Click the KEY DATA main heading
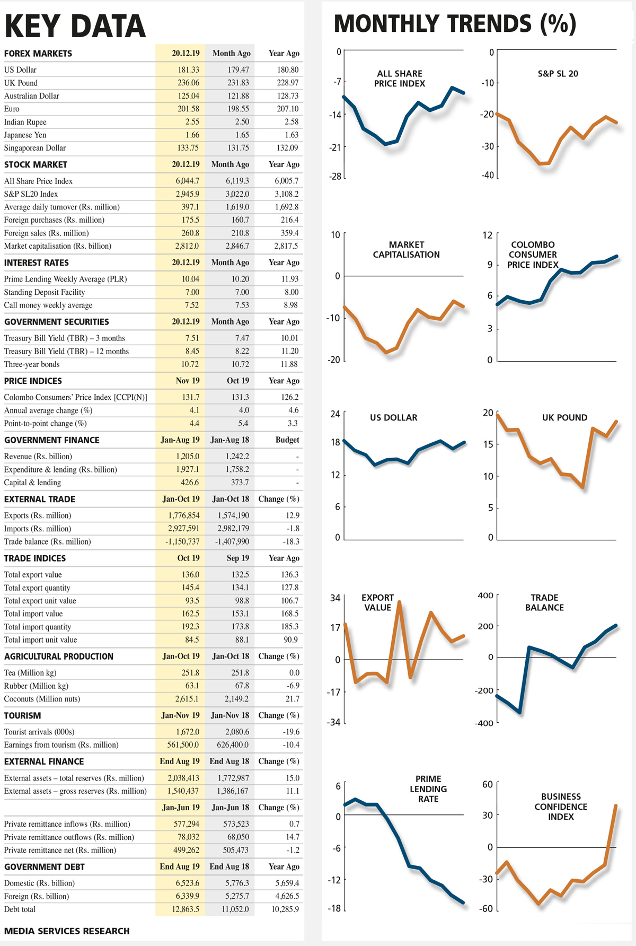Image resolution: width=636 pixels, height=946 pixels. pos(75,27)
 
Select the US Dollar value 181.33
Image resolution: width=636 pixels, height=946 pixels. pos(188,69)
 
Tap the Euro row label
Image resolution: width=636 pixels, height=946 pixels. pos(12,109)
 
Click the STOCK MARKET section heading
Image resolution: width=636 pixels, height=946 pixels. pos(36,164)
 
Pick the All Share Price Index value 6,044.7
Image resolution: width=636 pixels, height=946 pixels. pos(188,181)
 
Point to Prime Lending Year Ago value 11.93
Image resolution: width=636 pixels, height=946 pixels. pos(290,279)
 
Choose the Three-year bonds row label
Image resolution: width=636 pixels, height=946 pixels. pos(32,364)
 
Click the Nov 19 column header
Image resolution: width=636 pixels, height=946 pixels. pos(188,381)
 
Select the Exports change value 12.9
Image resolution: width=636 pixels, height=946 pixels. pos(293,515)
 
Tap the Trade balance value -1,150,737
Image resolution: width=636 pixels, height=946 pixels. pos(182,541)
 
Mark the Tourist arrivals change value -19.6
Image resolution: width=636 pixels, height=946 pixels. pos(291,732)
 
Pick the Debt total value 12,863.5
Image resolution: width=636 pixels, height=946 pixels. pos(185,909)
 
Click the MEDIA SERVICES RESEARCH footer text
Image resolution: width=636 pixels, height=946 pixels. pos(67,931)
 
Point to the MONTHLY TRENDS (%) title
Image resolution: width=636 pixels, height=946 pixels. pos(455,24)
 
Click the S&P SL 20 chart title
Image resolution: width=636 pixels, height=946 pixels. pos(558,74)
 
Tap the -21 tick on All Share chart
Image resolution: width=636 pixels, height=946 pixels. pos(335,147)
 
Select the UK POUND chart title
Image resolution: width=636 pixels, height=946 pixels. pos(564,417)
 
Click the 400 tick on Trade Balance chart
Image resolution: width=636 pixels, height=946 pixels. pos(485,595)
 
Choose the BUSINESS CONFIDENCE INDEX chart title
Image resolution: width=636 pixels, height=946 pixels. pos(561,807)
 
